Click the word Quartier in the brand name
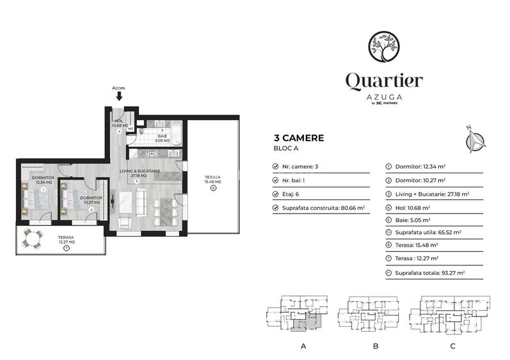pyautogui.click(x=384, y=81)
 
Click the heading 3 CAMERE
pyautogui.click(x=298, y=137)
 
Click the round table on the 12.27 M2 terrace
pyautogui.click(x=31, y=241)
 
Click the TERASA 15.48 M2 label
pyautogui.click(x=212, y=180)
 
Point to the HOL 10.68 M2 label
pyautogui.click(x=120, y=123)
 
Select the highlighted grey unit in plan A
pyautogui.click(x=305, y=324)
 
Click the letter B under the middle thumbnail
pyautogui.click(x=376, y=346)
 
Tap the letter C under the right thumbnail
pyautogui.click(x=452, y=346)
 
